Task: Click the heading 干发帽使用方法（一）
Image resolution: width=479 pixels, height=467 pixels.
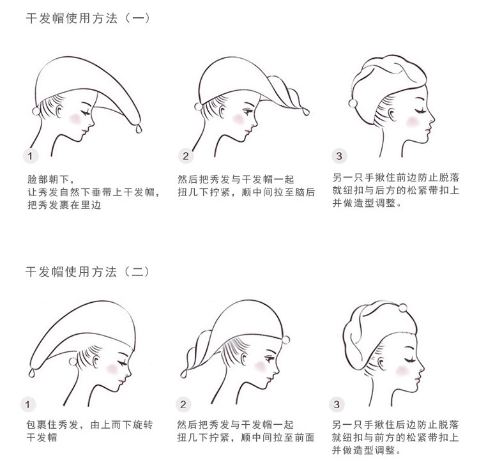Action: pyautogui.click(x=87, y=18)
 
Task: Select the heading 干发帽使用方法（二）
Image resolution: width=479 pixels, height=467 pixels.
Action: pyautogui.click(x=87, y=272)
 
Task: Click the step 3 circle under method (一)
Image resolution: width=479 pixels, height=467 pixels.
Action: pyautogui.click(x=338, y=155)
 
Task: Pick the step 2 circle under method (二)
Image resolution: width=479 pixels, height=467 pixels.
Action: pyautogui.click(x=183, y=404)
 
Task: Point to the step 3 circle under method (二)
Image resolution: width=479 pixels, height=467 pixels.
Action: pyautogui.click(x=338, y=404)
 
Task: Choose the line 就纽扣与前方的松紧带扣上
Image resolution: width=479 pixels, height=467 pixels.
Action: pyautogui.click(x=396, y=438)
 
